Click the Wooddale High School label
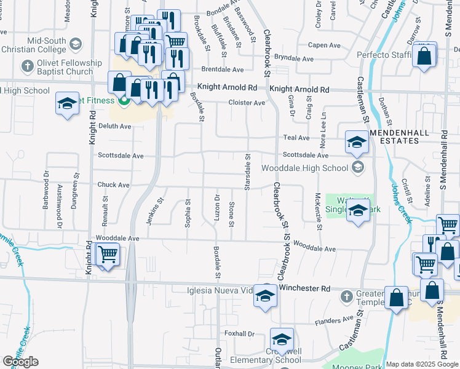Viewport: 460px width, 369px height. tap(305, 167)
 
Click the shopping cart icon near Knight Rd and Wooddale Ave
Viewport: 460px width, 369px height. tap(108, 253)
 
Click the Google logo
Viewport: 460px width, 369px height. tap(20, 362)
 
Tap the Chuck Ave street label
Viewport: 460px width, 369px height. tap(114, 184)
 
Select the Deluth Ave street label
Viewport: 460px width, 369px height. tap(115, 126)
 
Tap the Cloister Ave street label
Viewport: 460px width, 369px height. tap(246, 103)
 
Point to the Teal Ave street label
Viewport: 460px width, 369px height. tap(296, 138)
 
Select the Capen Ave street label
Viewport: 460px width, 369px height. tap(324, 45)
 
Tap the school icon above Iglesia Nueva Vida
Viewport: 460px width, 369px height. tap(265, 295)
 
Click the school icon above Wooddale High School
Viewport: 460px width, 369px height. tap(356, 143)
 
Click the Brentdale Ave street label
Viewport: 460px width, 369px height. tap(222, 70)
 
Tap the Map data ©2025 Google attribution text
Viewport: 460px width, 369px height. tap(422, 364)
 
